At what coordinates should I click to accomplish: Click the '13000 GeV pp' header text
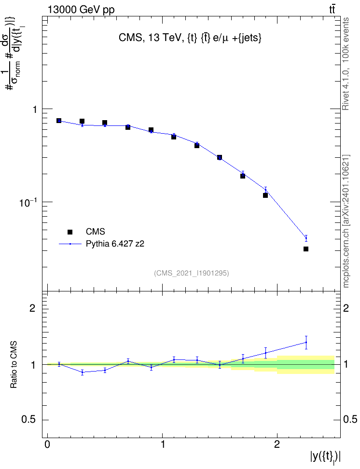coord(81,10)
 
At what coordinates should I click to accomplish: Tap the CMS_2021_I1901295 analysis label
coord(192,273)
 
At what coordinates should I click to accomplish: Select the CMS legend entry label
coord(95,232)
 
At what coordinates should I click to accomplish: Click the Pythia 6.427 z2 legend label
coord(115,244)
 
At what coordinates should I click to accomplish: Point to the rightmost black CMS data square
coord(306,249)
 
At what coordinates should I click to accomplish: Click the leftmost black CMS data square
coord(59,121)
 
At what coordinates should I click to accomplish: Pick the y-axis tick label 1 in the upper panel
coord(35,110)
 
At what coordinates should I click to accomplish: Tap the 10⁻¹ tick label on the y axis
coord(28,202)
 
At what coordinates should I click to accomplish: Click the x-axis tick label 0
coord(48,444)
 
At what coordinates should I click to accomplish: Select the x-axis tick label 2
coord(277,444)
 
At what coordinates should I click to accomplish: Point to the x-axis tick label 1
coord(163,444)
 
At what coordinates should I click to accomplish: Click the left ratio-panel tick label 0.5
coord(28,420)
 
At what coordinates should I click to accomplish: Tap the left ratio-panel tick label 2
coord(32,308)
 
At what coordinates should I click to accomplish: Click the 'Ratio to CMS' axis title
coord(14,365)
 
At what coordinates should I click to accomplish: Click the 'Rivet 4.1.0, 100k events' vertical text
coord(346,64)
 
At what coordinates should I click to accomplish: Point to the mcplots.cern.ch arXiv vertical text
coord(346,221)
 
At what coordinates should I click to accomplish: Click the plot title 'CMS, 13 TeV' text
coord(190,38)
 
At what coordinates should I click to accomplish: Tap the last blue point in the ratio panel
coord(306,342)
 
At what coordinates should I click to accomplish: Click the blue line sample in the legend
coord(70,244)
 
